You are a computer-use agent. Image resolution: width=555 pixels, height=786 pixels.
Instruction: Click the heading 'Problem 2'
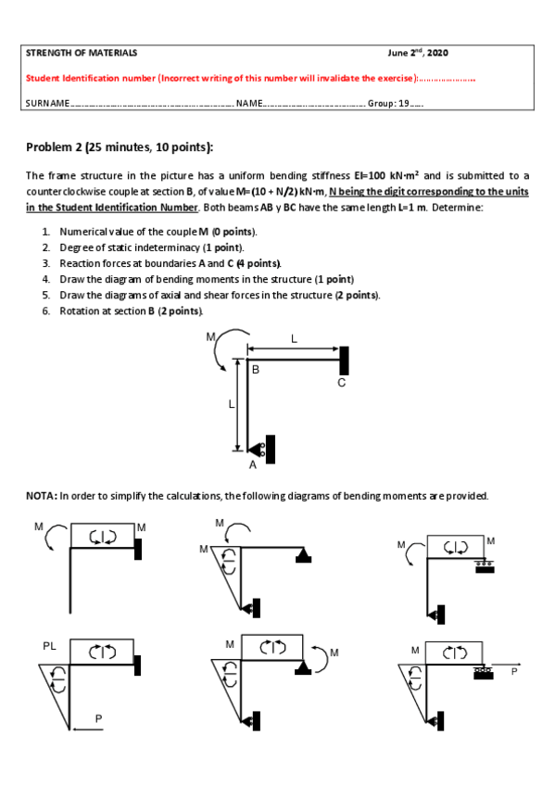click(x=54, y=146)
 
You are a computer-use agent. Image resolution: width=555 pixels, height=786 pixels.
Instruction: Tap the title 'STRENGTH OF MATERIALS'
click(x=82, y=53)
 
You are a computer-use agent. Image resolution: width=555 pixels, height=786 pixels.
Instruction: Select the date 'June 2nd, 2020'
click(x=418, y=52)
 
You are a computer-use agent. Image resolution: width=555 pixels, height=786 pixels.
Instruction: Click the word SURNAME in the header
click(x=47, y=103)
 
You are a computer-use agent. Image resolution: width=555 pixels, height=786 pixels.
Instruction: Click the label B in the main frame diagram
click(x=256, y=370)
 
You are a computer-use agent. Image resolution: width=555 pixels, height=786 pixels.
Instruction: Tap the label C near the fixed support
click(x=342, y=383)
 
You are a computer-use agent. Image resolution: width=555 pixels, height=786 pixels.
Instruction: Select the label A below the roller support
click(x=252, y=465)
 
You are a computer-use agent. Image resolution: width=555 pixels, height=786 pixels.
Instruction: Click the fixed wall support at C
click(x=344, y=361)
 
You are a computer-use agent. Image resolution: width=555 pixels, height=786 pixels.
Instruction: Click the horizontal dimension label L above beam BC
click(x=294, y=339)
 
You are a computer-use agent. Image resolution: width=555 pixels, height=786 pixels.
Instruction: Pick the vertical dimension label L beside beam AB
click(x=231, y=404)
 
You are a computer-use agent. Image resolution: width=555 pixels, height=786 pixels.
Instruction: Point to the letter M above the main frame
click(x=211, y=336)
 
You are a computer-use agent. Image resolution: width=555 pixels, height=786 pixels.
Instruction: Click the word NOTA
click(x=42, y=496)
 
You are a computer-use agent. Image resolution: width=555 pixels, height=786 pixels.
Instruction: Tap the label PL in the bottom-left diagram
click(x=49, y=646)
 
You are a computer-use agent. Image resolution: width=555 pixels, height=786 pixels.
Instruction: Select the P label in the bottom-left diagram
click(x=99, y=719)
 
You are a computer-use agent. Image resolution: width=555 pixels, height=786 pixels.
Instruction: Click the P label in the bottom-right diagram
click(x=514, y=672)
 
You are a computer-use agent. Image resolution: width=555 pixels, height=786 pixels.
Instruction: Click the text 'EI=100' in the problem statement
click(x=370, y=175)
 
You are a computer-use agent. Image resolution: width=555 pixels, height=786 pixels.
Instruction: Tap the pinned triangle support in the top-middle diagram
click(x=304, y=555)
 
